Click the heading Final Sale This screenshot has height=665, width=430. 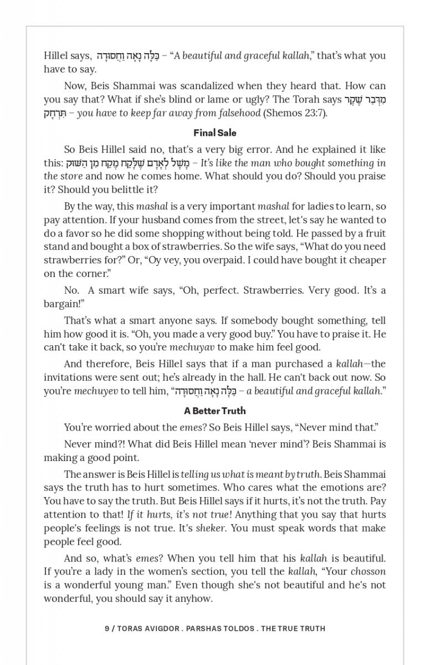215,133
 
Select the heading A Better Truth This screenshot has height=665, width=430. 215,411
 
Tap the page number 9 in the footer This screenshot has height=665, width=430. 107,628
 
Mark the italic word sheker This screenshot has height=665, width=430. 211,528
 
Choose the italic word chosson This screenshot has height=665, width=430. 368,571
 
